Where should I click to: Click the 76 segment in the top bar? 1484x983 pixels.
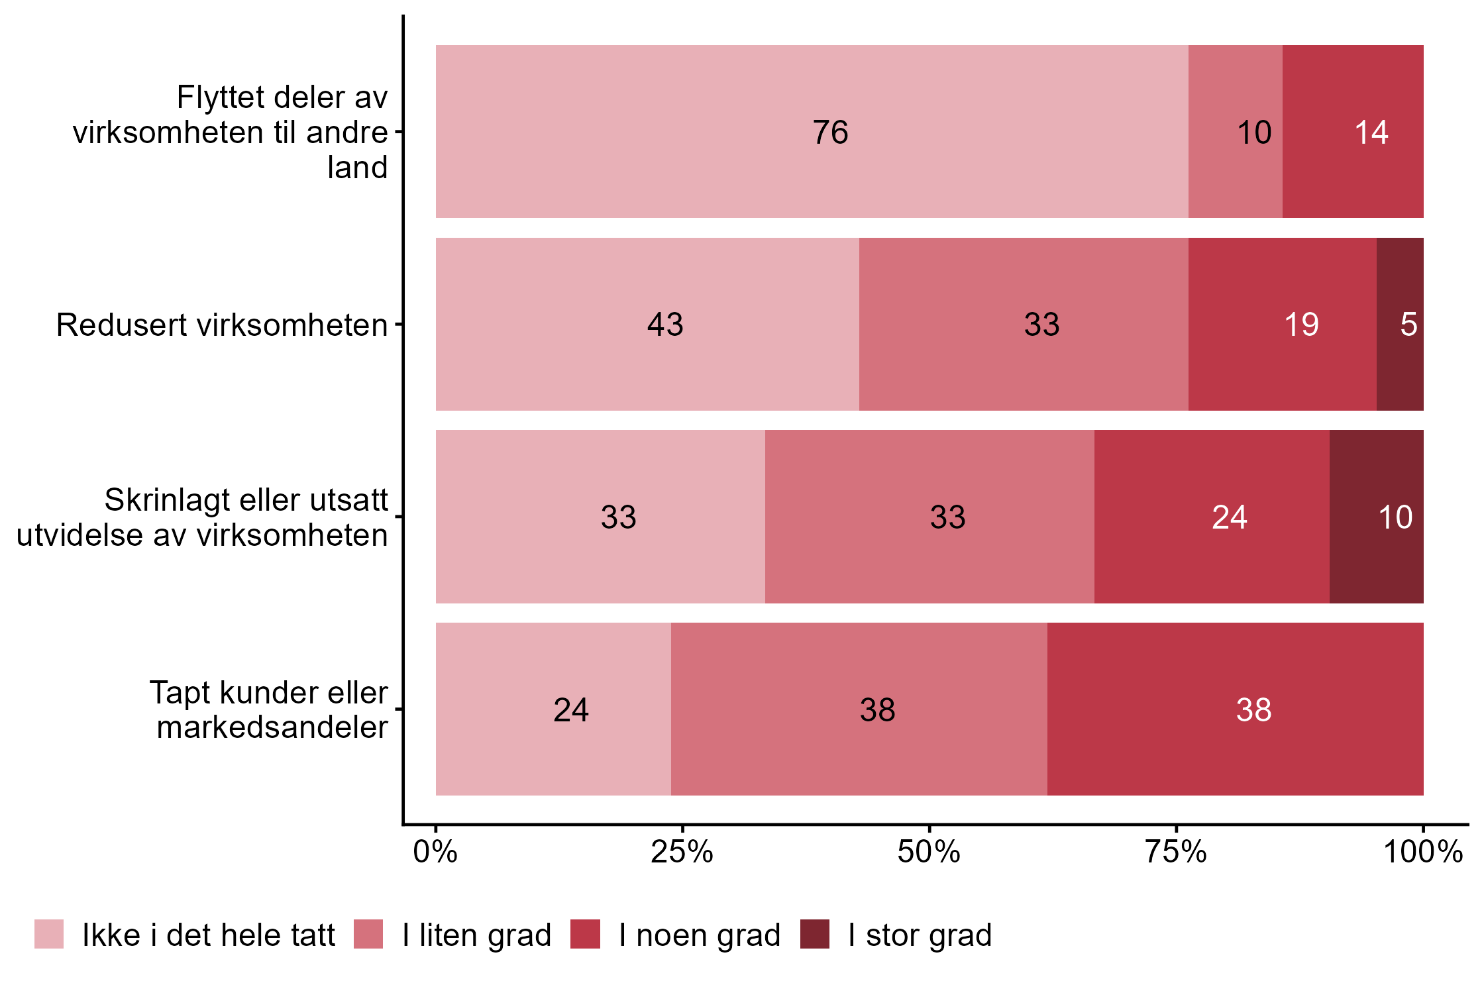[812, 132]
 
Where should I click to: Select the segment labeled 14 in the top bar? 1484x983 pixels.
[1353, 132]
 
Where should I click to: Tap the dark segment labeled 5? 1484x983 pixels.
[1400, 325]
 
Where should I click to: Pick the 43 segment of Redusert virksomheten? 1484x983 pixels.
[647, 325]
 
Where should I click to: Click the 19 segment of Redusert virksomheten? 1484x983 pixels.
[1282, 325]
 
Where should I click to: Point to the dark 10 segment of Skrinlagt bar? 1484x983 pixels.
[1376, 517]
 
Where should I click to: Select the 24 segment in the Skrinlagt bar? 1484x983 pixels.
[1212, 517]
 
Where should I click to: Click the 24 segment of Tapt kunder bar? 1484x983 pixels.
[553, 709]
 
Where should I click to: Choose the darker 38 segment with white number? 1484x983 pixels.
[1235, 709]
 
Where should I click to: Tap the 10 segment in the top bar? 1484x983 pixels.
[1235, 132]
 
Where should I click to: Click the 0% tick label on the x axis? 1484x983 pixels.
[435, 852]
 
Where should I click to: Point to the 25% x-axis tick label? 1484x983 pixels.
[682, 852]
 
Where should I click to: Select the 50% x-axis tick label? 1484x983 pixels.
[929, 852]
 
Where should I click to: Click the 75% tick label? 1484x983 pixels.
[1176, 852]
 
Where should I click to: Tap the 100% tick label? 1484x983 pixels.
[1422, 852]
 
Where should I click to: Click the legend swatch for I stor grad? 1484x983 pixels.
[814, 934]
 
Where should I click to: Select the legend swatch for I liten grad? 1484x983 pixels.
[368, 934]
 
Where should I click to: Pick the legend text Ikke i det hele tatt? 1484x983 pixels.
[209, 935]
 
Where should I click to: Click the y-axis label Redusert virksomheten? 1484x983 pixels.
[221, 325]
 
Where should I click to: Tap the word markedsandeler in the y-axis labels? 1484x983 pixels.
[272, 727]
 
